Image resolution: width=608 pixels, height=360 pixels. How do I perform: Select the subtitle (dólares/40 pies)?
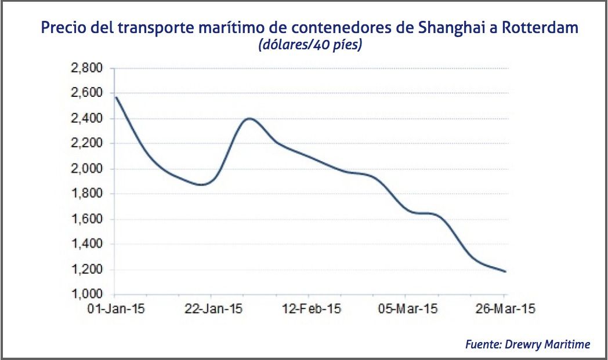coord(310,45)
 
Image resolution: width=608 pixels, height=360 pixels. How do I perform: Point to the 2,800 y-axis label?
coord(86,68)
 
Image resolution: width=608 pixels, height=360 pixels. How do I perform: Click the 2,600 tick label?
coord(86,93)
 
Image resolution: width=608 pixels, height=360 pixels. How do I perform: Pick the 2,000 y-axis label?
coord(86,169)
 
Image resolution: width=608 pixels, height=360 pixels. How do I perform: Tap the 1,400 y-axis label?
coord(86,244)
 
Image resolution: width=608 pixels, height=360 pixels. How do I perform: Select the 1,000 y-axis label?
coord(86,294)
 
